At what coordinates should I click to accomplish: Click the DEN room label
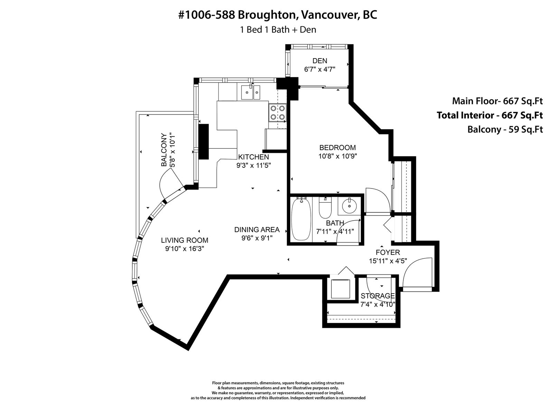pos(320,61)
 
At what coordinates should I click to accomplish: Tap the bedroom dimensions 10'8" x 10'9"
pos(338,156)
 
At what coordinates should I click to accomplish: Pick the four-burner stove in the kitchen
pos(278,113)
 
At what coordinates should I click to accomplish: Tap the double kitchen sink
pos(251,92)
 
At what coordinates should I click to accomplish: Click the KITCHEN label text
pos(253,157)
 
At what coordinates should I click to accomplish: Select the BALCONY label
pos(164,150)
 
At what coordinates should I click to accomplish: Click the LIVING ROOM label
pos(185,240)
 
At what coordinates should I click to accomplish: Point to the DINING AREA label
pos(257,230)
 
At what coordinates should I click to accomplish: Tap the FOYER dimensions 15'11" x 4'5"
pos(388,261)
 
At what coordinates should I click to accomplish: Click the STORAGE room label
pos(378,296)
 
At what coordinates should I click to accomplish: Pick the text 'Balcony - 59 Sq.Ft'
pos(505,129)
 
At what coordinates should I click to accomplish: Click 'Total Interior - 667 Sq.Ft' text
pos(489,115)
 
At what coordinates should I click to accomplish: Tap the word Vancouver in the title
pos(330,15)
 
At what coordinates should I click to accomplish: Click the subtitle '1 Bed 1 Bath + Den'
pos(278,30)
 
